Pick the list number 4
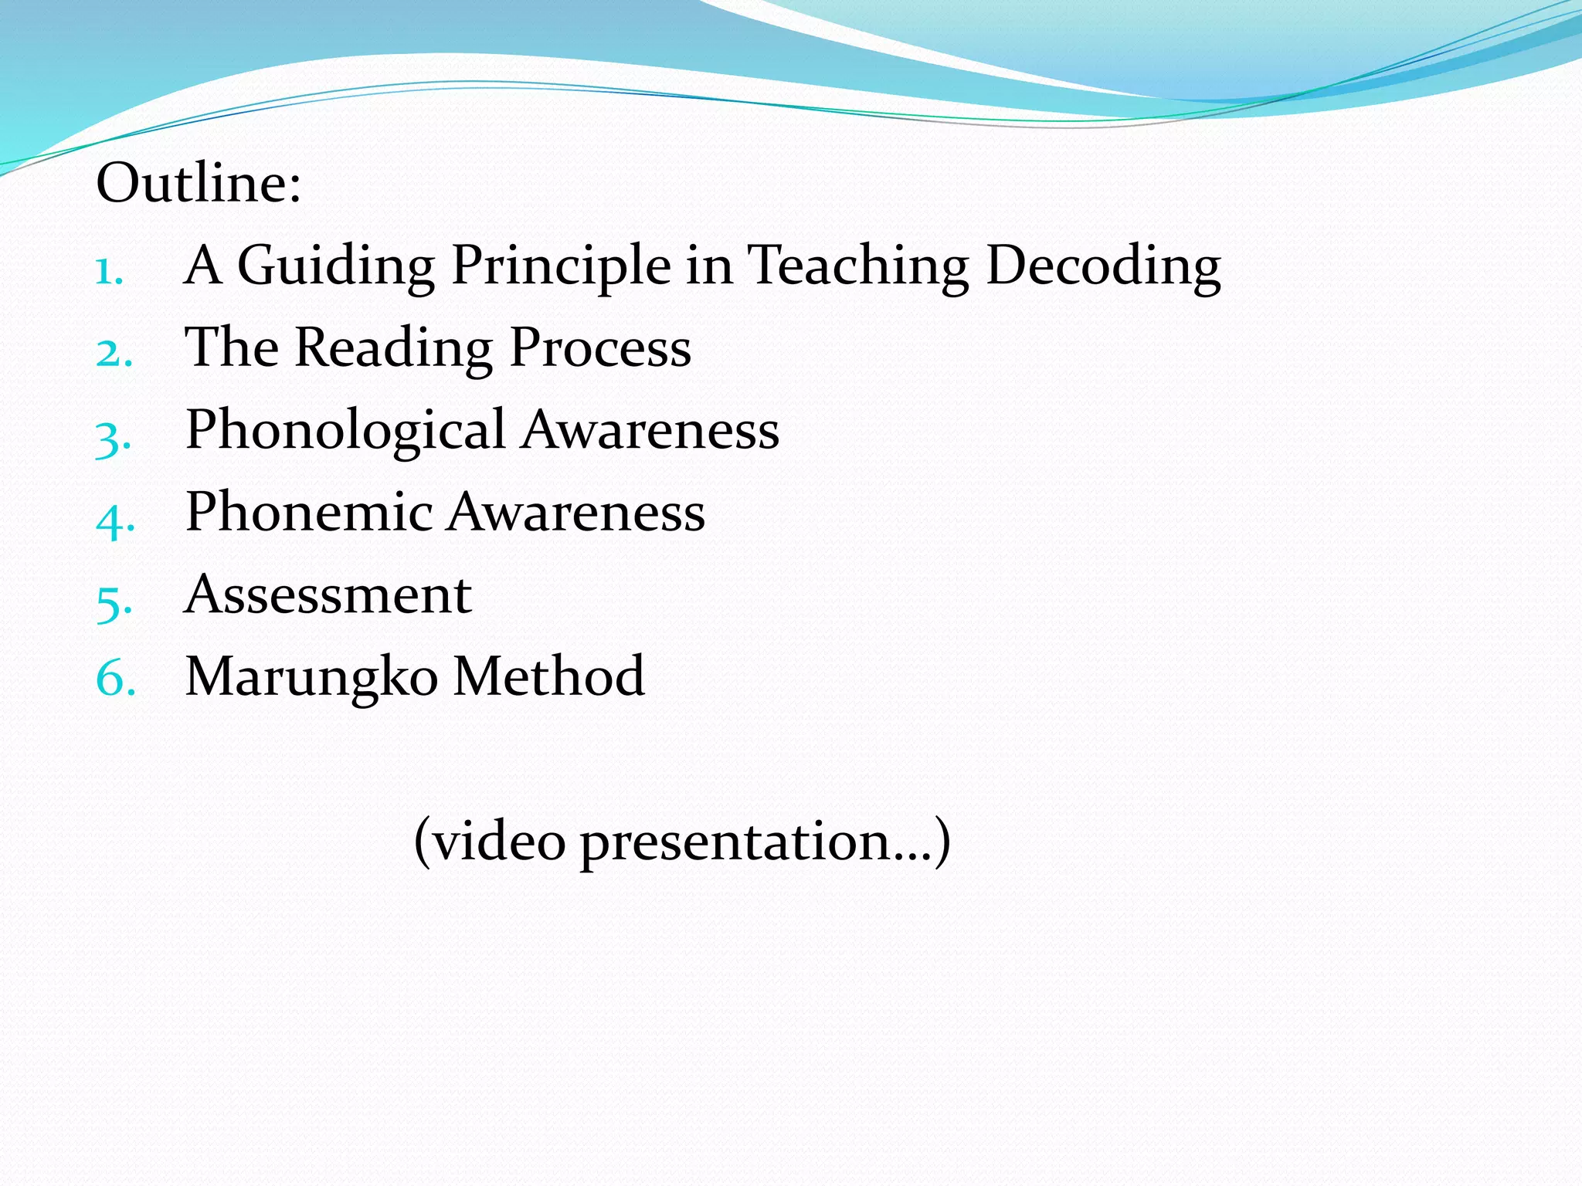tap(115, 519)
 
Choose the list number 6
tap(115, 679)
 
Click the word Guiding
tap(335, 266)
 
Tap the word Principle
tap(561, 266)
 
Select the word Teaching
tap(857, 266)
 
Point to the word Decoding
tap(1104, 266)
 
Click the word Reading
tap(393, 349)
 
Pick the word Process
tap(600, 349)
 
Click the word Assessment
tap(328, 595)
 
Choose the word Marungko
tap(312, 677)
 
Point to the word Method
tap(548, 676)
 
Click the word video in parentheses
tap(498, 841)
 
